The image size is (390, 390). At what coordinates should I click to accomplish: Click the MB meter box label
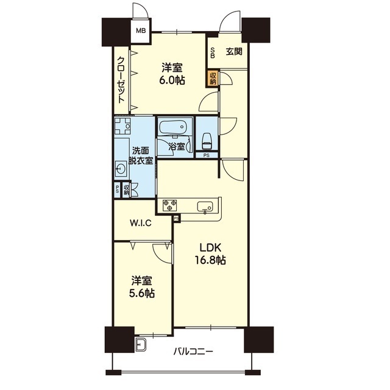tap(141, 31)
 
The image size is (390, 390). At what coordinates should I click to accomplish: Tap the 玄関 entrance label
tap(234, 52)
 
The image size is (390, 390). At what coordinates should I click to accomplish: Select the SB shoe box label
tap(213, 52)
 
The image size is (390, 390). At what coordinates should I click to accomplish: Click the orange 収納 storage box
tap(213, 78)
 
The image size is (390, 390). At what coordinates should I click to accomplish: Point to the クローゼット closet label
tap(121, 80)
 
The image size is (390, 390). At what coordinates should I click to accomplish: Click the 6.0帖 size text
tap(172, 80)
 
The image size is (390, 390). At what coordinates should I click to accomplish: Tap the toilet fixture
tap(207, 141)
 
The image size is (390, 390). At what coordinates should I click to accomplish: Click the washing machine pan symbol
tap(122, 126)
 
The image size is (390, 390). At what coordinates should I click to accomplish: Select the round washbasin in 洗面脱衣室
tap(121, 169)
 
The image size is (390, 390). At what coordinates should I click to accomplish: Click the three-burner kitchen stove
tap(170, 205)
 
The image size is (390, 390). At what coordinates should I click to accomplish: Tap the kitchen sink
tap(205, 207)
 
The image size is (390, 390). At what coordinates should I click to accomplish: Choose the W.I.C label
tap(141, 223)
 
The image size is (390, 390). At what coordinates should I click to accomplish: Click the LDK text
tap(210, 247)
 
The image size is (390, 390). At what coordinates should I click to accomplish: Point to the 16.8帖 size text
tap(210, 260)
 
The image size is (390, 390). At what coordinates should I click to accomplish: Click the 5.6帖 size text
tap(141, 294)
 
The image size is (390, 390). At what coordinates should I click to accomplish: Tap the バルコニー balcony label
tap(193, 352)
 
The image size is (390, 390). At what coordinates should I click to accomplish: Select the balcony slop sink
tap(141, 344)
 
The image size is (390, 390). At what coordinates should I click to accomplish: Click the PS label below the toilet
tap(207, 155)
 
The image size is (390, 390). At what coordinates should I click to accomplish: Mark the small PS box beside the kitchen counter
tap(177, 219)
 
